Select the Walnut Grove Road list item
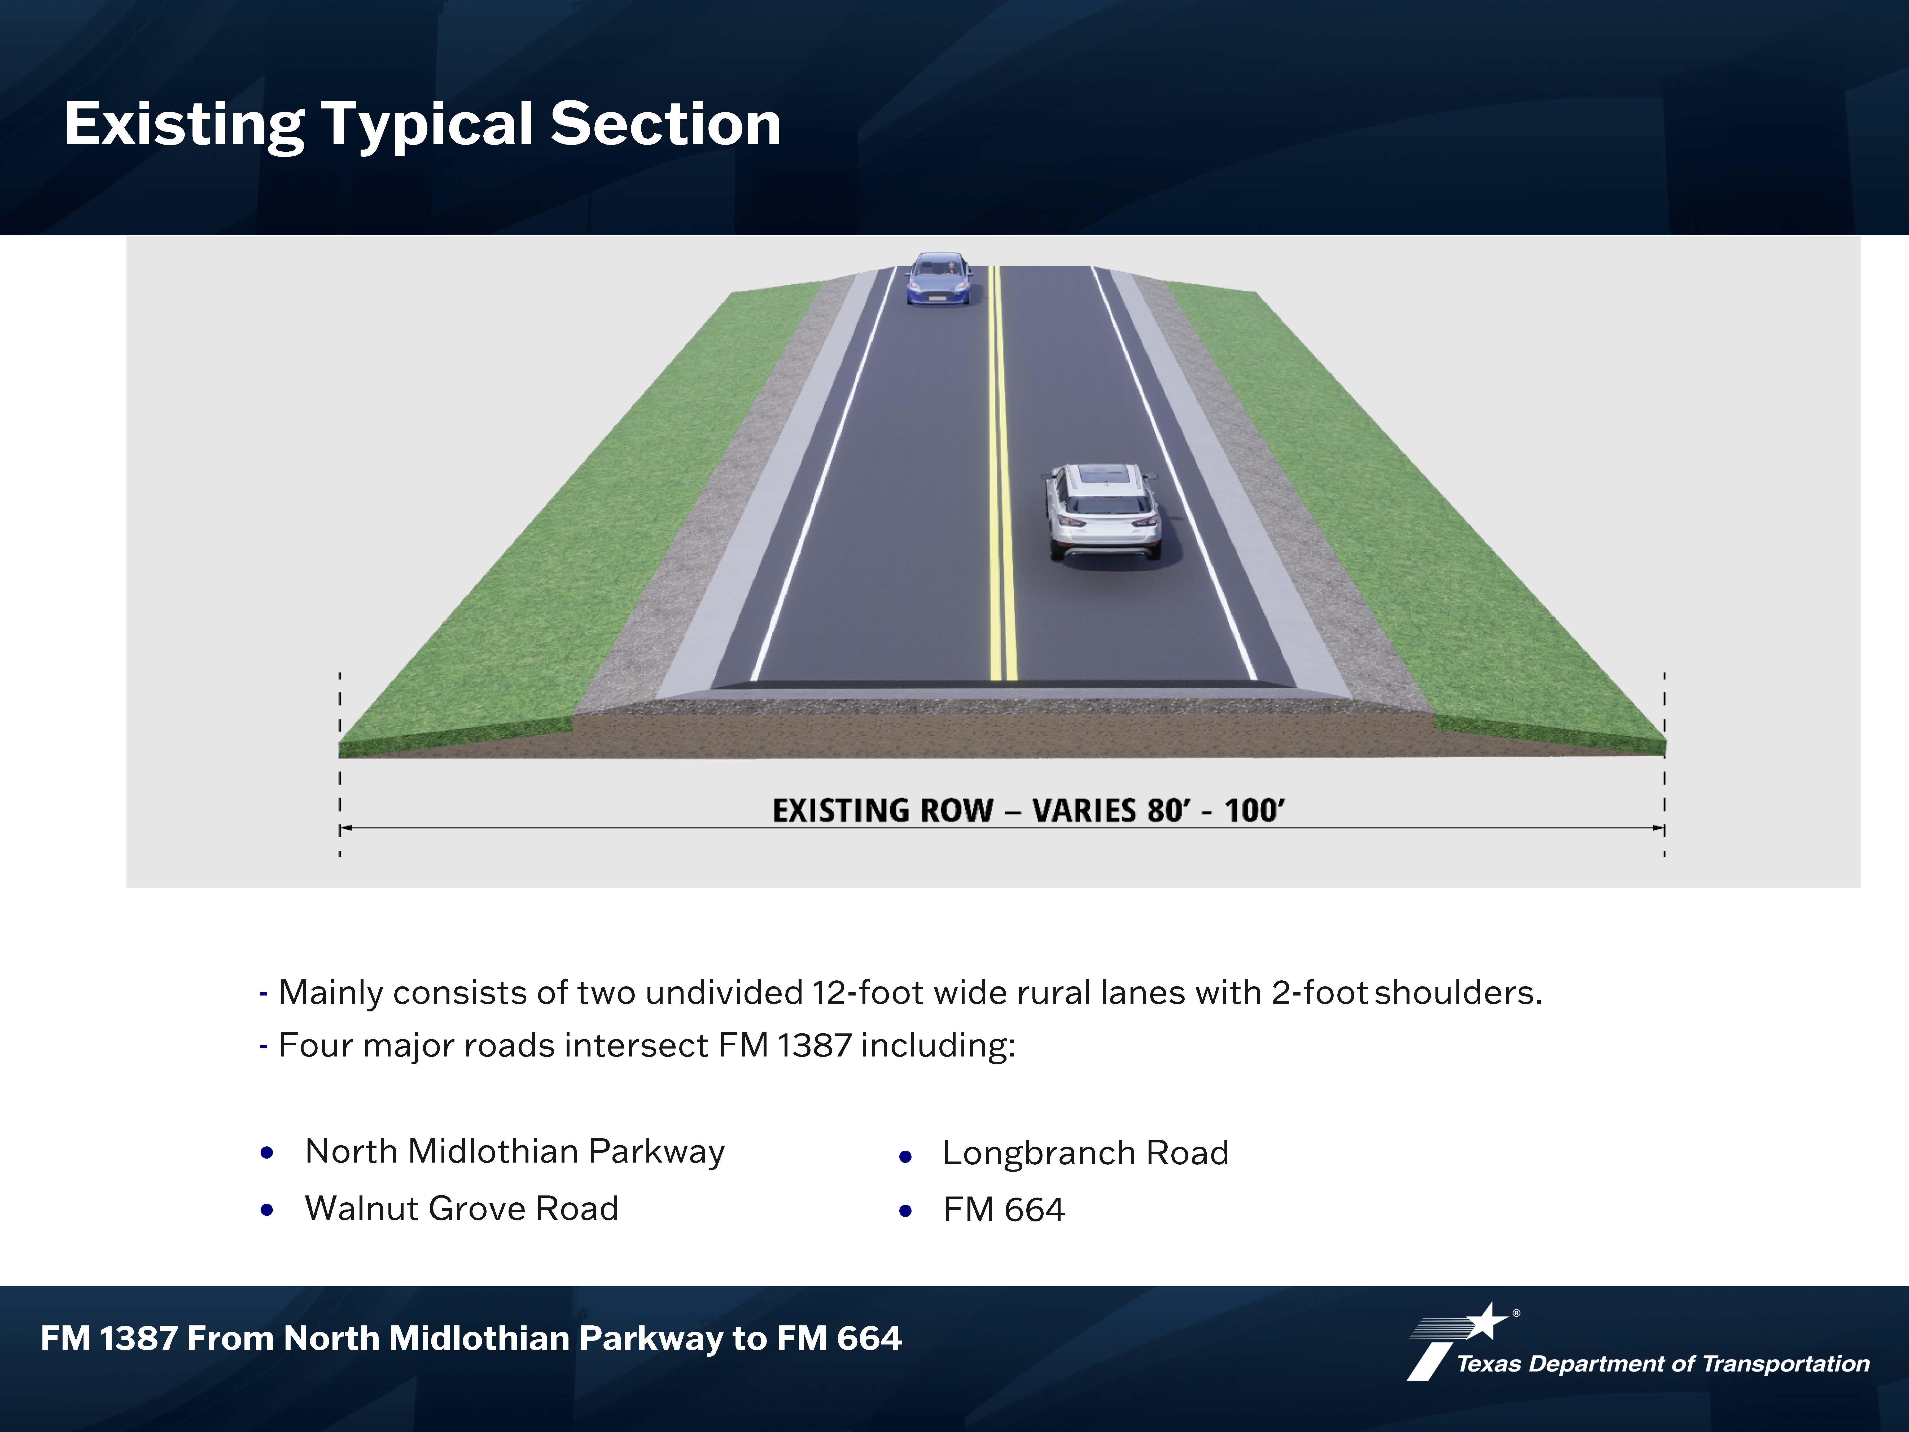point(462,1208)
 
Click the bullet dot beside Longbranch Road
point(905,1157)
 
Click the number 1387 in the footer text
point(138,1339)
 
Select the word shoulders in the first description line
point(1458,993)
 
